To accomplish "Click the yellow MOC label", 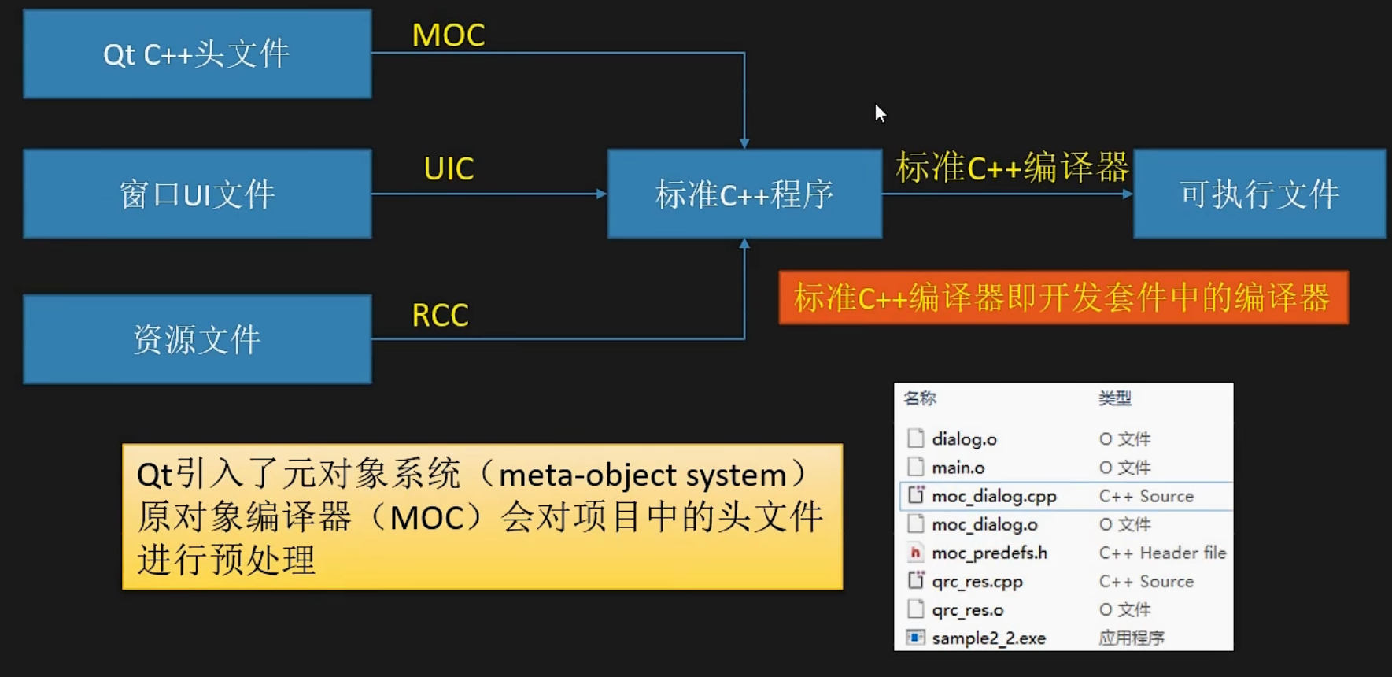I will point(449,35).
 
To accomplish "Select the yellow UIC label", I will point(449,168).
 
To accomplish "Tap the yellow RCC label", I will point(440,316).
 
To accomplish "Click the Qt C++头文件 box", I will point(197,54).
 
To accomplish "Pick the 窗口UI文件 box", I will point(197,194).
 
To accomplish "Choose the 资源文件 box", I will point(197,339).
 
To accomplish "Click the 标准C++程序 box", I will point(744,194).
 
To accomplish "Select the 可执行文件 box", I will point(1259,194).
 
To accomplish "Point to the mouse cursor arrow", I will point(880,113).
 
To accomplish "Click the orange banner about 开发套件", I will point(1062,298).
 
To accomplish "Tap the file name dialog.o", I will point(964,439).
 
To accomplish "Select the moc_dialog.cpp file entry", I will point(994,496).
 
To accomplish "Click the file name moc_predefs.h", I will point(989,553).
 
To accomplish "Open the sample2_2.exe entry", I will point(988,638).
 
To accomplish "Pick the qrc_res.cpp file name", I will point(977,582).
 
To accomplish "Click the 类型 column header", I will point(1114,398).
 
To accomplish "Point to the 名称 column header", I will point(920,398).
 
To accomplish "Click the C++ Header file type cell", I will point(1162,553).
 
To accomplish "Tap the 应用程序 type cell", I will point(1132,638).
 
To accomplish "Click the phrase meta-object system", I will point(642,475).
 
